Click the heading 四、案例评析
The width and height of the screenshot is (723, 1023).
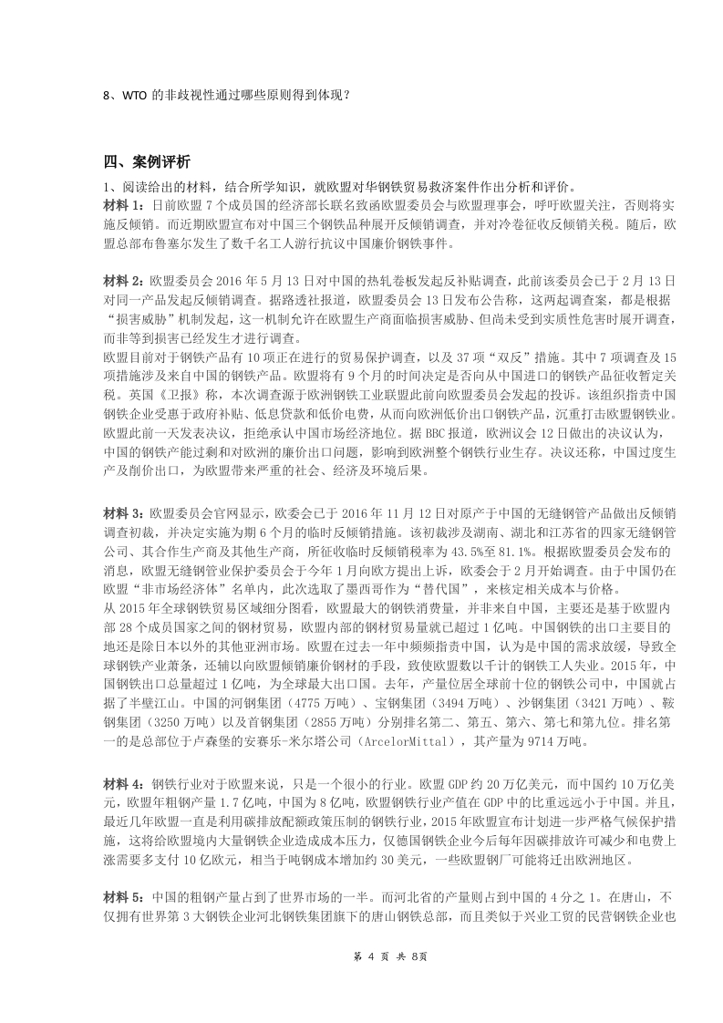(147, 161)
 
